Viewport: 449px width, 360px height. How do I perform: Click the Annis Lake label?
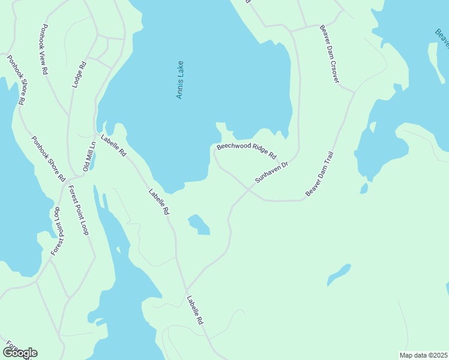(179, 79)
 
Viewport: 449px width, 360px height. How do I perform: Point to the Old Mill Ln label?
(89, 155)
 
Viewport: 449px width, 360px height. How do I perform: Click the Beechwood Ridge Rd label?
(246, 151)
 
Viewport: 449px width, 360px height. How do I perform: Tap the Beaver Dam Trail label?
(319, 173)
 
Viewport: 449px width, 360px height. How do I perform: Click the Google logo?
(20, 352)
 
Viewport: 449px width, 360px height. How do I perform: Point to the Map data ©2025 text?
(423, 355)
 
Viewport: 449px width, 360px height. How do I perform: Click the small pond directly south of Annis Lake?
(199, 225)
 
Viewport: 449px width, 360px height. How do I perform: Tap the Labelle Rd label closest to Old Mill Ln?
(113, 145)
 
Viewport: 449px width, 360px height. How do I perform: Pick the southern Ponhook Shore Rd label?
(48, 159)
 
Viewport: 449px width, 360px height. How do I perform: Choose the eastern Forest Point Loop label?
(78, 210)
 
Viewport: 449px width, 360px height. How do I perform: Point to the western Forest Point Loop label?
(58, 232)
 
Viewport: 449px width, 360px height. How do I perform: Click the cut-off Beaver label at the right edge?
(442, 39)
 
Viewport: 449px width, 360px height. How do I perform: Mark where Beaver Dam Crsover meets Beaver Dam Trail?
(354, 92)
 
